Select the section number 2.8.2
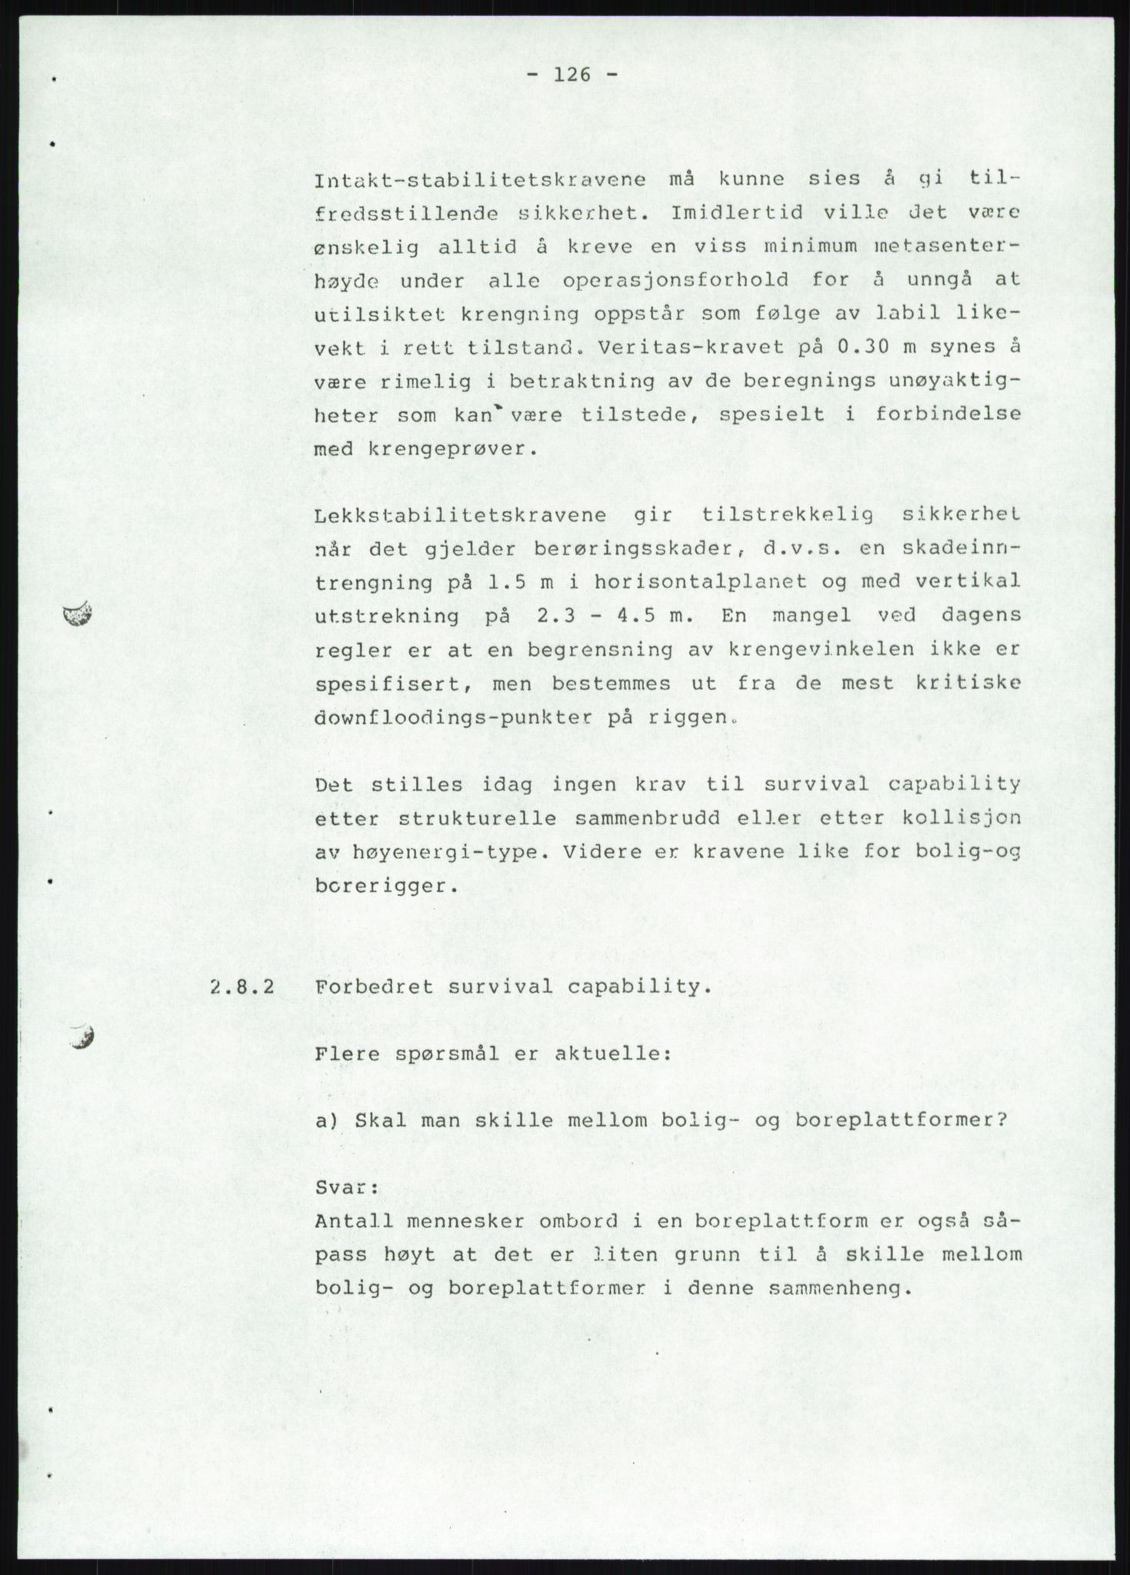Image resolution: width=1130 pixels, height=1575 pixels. tap(242, 987)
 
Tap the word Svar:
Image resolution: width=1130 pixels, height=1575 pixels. tap(346, 1187)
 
